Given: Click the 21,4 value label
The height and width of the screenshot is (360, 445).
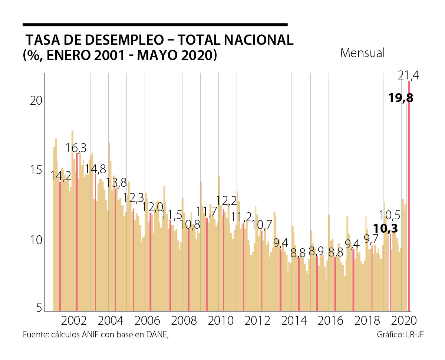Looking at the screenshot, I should (x=408, y=76).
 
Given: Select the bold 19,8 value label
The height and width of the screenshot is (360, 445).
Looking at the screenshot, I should (x=401, y=98).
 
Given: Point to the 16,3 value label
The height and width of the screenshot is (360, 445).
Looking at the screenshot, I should (x=76, y=148).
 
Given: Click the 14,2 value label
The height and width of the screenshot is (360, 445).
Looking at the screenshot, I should (x=61, y=176).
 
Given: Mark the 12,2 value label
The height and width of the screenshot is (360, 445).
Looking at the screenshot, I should (x=226, y=201).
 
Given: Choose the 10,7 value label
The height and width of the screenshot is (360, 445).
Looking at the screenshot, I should (x=262, y=225).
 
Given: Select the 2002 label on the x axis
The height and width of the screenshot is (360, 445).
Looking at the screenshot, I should (x=74, y=321).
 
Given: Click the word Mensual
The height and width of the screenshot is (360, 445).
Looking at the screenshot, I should (x=362, y=53).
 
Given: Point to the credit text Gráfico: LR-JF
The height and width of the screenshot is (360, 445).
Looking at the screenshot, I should (x=400, y=334).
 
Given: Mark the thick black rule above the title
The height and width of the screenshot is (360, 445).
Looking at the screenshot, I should (x=155, y=25).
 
